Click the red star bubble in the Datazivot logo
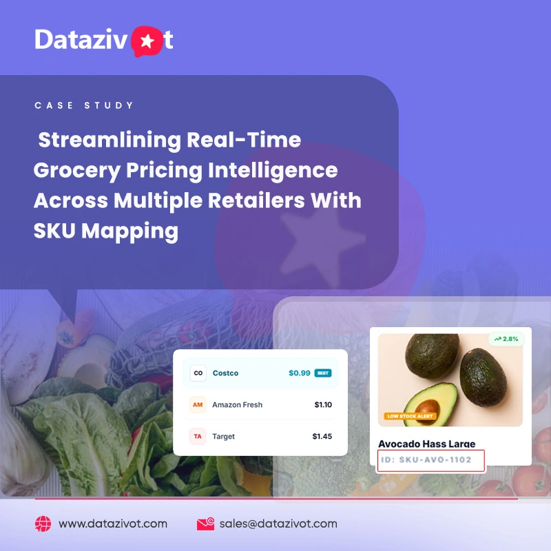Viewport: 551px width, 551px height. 147,41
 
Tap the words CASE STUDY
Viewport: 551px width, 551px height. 84,105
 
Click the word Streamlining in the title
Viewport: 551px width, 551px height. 110,141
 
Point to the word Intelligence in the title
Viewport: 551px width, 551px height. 273,170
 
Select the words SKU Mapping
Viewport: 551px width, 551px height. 106,231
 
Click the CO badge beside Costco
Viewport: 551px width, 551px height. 198,373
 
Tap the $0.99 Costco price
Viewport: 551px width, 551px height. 300,373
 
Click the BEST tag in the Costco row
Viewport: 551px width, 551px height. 323,373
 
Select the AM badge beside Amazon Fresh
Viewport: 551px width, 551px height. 198,404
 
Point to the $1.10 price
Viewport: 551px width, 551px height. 323,405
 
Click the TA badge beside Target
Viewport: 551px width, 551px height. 198,436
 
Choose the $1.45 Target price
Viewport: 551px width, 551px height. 322,437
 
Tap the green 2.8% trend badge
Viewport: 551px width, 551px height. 506,339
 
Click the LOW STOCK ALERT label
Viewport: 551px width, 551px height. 410,416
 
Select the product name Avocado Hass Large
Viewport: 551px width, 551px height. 426,444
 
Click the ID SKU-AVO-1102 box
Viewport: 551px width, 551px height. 431,460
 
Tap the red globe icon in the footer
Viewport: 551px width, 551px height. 43,523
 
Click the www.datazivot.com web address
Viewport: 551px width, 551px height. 113,523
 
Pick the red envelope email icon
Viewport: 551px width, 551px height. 205,523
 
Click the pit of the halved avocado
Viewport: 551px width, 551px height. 428,408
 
